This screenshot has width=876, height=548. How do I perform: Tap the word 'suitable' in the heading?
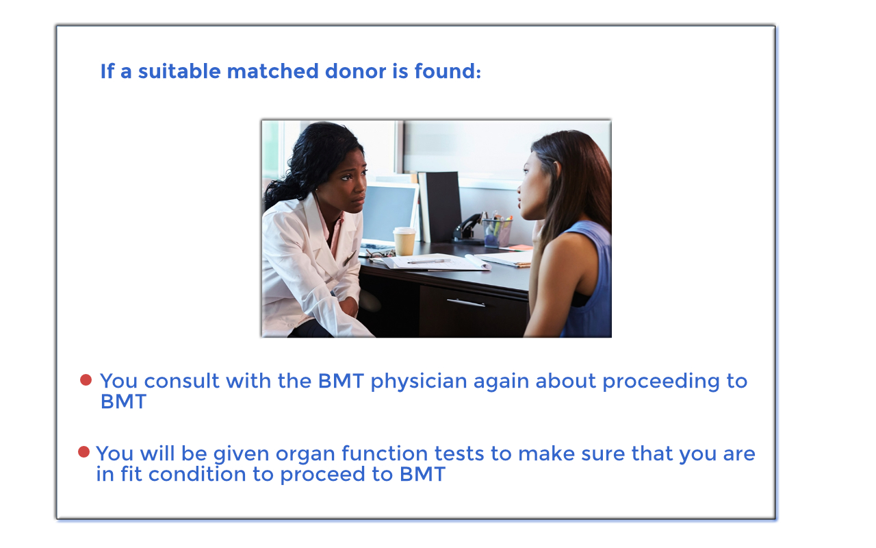(179, 71)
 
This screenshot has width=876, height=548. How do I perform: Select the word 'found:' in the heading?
(448, 71)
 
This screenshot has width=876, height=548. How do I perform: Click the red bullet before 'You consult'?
(86, 379)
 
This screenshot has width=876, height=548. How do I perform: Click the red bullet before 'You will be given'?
(83, 451)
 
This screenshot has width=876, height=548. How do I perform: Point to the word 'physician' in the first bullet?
(418, 382)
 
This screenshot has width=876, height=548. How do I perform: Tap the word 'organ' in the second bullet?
(305, 455)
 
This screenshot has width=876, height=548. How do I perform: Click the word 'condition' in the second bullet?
(197, 474)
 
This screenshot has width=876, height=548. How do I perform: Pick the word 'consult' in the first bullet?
(181, 381)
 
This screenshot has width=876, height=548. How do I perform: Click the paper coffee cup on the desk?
(404, 241)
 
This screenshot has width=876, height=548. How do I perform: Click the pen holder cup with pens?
(497, 232)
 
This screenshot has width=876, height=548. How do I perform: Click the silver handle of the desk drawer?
(466, 303)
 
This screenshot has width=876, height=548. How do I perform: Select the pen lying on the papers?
(429, 261)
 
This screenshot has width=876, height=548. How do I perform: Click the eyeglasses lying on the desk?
(379, 254)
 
